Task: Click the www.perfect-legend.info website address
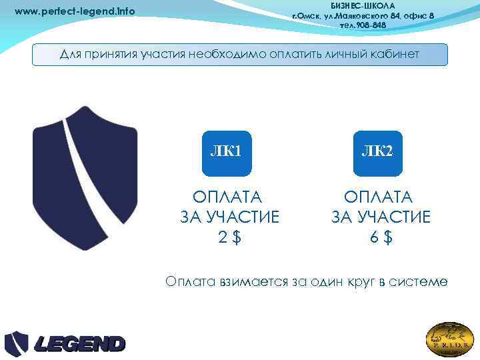74,11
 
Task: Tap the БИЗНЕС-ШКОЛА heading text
363,5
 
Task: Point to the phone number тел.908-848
363,25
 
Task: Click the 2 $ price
229,236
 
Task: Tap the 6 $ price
381,236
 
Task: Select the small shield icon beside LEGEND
17,344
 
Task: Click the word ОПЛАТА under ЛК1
227,197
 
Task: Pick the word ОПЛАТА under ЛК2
379,197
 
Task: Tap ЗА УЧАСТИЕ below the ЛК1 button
229,217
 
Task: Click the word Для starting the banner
71,54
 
